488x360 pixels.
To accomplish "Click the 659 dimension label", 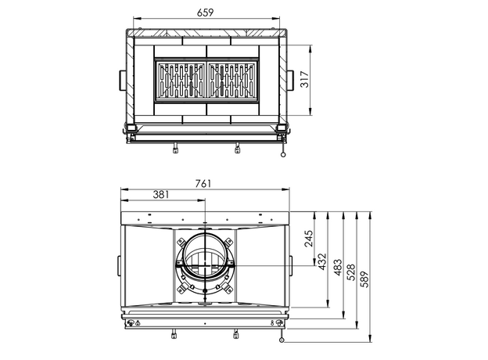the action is coord(206,13).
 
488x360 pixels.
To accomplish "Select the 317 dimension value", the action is coord(305,79).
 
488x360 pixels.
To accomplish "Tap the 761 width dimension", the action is coord(203,183).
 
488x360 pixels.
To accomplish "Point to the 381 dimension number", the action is coord(161,195).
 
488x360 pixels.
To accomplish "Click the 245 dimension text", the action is coord(309,239).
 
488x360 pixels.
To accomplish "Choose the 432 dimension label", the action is coord(322,261).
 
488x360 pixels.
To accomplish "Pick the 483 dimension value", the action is coord(338,267).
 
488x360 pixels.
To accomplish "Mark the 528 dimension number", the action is coord(350,272).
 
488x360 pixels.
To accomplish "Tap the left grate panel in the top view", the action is coord(180,81).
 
